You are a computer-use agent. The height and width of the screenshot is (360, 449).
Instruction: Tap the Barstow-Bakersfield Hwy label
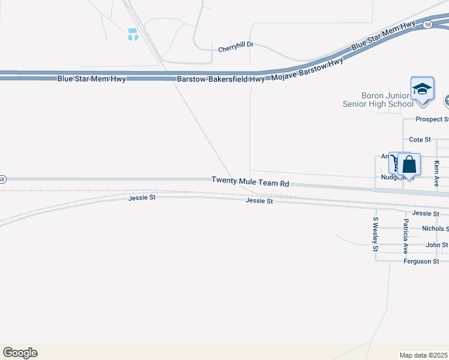pyautogui.click(x=220, y=79)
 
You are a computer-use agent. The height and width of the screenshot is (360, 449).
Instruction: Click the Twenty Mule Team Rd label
pyautogui.click(x=250, y=180)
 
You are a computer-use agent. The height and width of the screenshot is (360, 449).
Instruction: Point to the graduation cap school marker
pyautogui.click(x=422, y=90)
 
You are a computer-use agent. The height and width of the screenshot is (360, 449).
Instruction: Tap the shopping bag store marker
pyautogui.click(x=409, y=165)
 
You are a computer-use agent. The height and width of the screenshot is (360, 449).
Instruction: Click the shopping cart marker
pyautogui.click(x=396, y=163)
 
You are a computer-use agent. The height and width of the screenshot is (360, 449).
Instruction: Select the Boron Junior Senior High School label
pyautogui.click(x=378, y=100)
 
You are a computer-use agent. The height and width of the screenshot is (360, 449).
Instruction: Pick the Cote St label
pyautogui.click(x=420, y=139)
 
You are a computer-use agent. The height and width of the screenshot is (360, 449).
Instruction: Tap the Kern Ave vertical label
pyautogui.click(x=437, y=173)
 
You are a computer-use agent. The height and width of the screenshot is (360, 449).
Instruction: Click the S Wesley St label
pyautogui.click(x=376, y=235)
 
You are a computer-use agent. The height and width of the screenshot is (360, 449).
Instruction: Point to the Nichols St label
pyautogui.click(x=435, y=229)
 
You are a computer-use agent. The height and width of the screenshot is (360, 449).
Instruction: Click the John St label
pyautogui.click(x=436, y=245)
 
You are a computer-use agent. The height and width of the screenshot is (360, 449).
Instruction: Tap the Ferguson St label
pyautogui.click(x=426, y=261)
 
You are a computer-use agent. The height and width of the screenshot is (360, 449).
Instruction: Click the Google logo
pyautogui.click(x=20, y=353)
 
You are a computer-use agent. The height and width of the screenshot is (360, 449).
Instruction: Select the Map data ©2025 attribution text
pyautogui.click(x=423, y=355)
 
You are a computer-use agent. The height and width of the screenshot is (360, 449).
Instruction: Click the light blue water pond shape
pyautogui.click(x=133, y=35)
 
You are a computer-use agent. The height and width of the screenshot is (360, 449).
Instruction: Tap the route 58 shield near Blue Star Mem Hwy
pyautogui.click(x=427, y=25)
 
